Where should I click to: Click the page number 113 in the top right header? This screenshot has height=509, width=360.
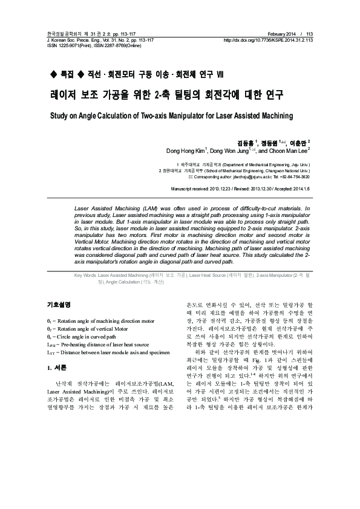[309, 34]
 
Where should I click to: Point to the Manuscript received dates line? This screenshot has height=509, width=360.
[241, 189]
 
